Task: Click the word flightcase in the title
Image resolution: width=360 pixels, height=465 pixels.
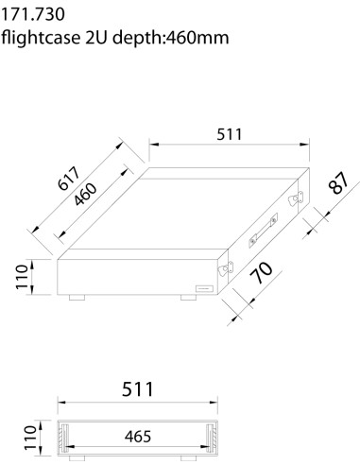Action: (x=42, y=38)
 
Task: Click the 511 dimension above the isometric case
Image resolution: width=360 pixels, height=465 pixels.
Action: (x=227, y=133)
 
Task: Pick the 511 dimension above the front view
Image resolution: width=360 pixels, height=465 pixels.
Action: (x=138, y=388)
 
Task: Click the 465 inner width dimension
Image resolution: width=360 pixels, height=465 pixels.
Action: (x=138, y=437)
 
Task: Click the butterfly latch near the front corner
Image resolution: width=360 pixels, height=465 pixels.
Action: (x=225, y=270)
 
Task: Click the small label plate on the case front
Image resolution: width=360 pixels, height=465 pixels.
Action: (x=202, y=287)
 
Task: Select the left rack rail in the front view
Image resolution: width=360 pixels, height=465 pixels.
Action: (x=65, y=438)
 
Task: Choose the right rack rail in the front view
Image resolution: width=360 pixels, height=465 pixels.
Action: (x=210, y=438)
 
